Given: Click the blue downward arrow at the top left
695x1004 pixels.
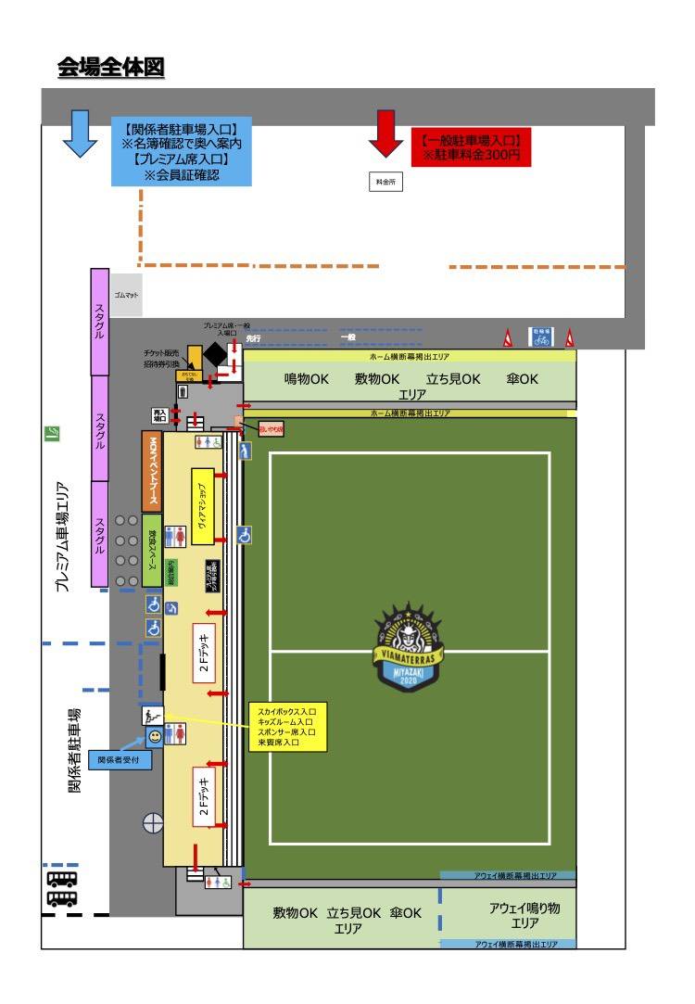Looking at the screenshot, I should coord(80,133).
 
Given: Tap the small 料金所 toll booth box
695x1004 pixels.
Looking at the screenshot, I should coord(385,183).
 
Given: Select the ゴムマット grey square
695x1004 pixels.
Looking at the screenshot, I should coord(126,294).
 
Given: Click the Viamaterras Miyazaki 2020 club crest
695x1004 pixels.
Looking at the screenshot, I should coord(409,647).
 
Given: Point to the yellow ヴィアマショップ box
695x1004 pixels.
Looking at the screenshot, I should coord(203,506).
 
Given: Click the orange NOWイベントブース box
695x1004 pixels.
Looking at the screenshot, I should coord(152,471).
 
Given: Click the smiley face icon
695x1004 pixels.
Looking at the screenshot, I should coord(154,737).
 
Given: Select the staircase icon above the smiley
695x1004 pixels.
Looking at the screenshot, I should coord(151,715).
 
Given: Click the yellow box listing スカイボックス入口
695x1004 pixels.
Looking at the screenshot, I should coord(286,726).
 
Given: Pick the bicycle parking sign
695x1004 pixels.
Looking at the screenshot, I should coord(540,337).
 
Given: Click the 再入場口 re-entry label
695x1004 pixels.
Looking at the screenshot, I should coord(160,414).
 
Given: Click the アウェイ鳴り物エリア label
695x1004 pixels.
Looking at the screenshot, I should coord(524,916).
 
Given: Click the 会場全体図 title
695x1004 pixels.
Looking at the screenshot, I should coord(110,67).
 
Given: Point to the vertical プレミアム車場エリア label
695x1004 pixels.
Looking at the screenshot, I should coord(62,537).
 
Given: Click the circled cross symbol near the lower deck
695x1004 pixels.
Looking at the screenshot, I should coord(152,821).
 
